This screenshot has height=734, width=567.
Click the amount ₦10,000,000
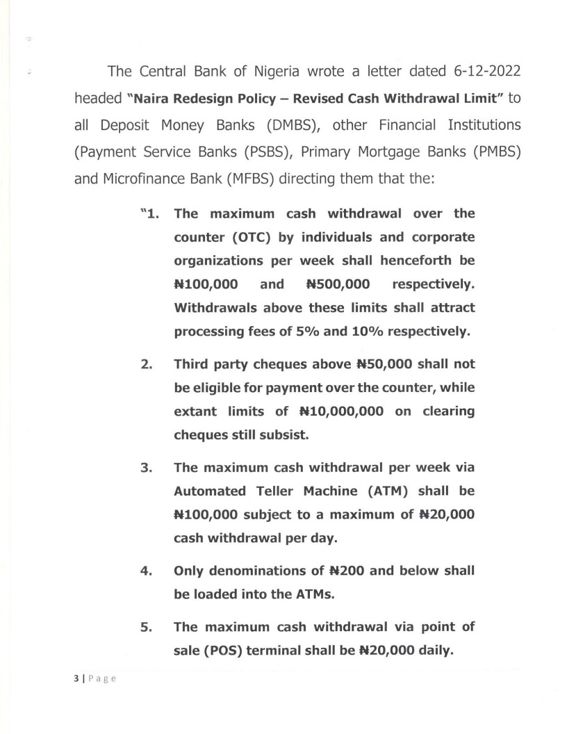341,411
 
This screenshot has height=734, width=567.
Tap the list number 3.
146,467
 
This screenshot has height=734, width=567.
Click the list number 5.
146,627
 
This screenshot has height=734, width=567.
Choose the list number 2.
146,364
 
